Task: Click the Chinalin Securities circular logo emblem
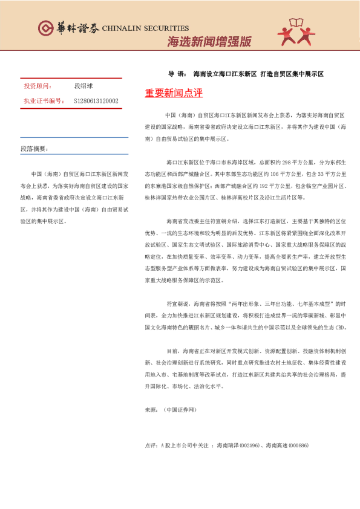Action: tap(45, 28)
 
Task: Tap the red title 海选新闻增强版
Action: tap(209, 42)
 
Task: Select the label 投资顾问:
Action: tap(38, 86)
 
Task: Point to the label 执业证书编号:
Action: tap(43, 101)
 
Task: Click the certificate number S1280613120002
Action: tap(96, 101)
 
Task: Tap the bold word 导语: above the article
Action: tap(177, 74)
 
